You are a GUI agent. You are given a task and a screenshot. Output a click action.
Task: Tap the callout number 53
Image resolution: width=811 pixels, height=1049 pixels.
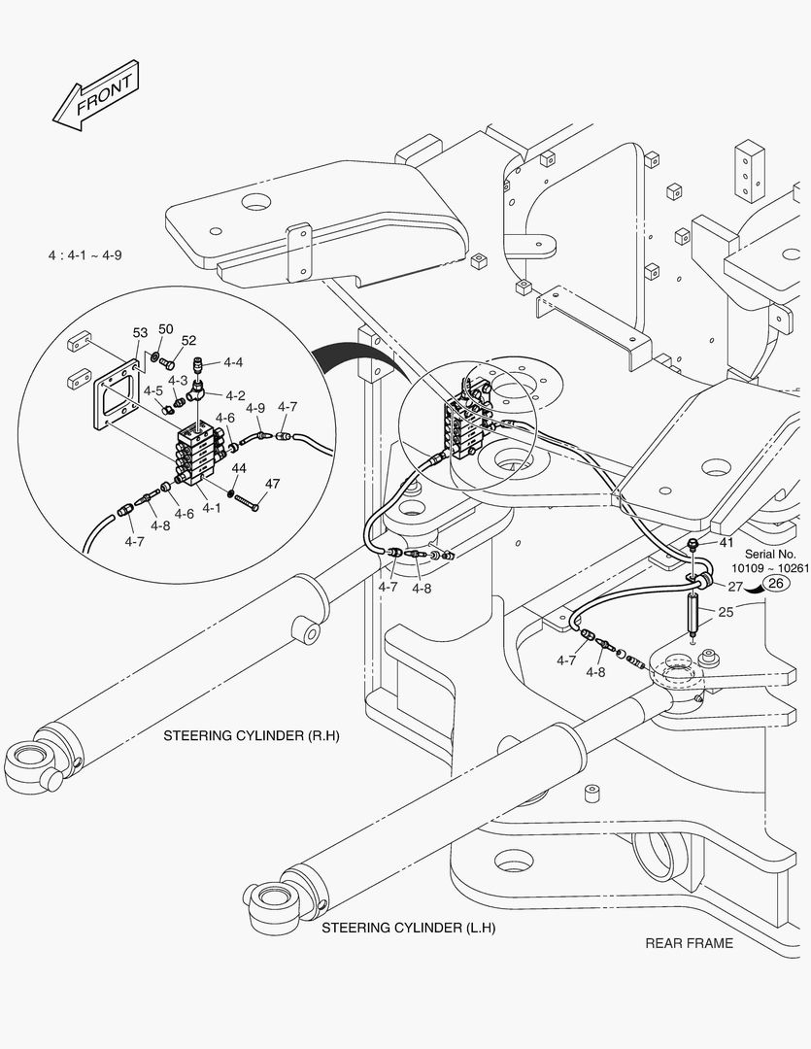[x=140, y=333]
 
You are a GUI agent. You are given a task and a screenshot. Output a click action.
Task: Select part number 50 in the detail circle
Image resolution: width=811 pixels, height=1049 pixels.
[x=166, y=329]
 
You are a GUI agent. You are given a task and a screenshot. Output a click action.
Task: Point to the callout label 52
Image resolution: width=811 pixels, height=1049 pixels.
[x=188, y=341]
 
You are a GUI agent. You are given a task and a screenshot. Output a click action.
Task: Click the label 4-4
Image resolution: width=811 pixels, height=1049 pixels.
[x=233, y=362]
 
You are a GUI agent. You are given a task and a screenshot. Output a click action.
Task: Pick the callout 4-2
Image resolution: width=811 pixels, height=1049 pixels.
[x=235, y=395]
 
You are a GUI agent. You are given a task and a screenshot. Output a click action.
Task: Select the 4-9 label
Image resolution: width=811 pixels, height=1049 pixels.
[x=255, y=408]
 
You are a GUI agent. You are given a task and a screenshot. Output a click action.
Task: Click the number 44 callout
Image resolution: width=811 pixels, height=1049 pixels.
[x=239, y=468]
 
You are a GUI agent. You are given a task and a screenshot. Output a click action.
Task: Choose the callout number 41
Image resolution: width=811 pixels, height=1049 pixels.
[x=727, y=542]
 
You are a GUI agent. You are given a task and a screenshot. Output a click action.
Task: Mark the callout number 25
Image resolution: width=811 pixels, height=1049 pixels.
[x=727, y=612]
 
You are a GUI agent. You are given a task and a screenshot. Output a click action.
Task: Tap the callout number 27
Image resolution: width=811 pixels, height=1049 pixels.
[x=735, y=587]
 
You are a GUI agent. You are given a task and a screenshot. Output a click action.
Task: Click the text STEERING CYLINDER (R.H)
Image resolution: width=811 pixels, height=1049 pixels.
[x=253, y=736]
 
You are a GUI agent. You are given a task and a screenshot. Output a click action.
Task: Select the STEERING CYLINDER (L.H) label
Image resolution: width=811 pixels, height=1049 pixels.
[x=409, y=928]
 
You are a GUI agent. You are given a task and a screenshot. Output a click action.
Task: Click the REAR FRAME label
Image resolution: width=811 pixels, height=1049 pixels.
[x=689, y=943]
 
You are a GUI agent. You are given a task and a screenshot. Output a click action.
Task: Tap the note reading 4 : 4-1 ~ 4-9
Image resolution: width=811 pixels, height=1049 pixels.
[x=85, y=255]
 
